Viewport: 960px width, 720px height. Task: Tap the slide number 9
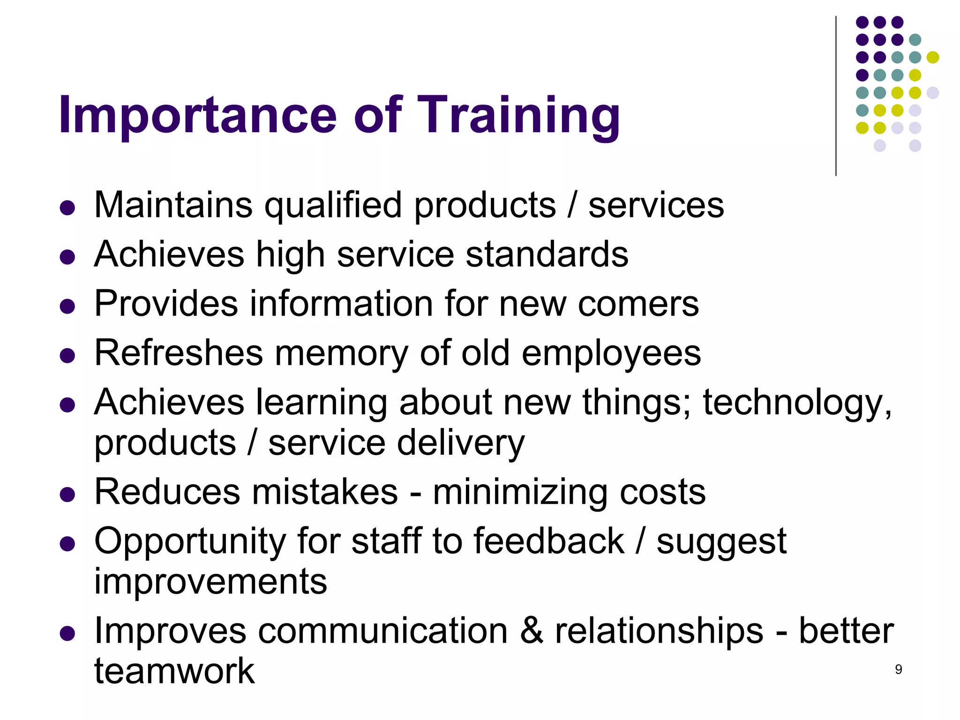898,669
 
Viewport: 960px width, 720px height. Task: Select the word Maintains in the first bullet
173,205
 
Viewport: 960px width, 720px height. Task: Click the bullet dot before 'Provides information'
67,307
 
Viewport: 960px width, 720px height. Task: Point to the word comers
638,304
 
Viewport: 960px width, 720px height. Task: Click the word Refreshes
178,353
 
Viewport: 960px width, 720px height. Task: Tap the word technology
797,404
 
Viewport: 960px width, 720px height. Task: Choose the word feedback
549,541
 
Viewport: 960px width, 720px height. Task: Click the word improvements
210,582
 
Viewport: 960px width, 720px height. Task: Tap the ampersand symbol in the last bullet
531,631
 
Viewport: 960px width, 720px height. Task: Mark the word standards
547,255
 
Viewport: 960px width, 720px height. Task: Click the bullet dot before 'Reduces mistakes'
67,495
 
